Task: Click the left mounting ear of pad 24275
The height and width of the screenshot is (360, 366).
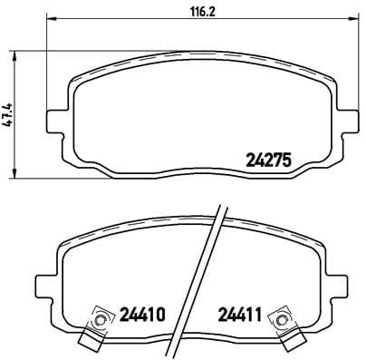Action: coord(53,116)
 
